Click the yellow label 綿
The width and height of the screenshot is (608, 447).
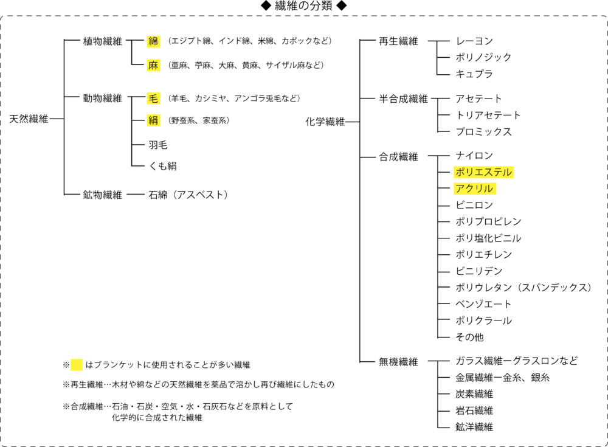tap(153, 41)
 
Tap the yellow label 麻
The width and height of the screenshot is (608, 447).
tap(153, 65)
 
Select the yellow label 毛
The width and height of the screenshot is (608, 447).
tap(153, 98)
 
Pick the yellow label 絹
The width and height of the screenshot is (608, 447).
tap(153, 120)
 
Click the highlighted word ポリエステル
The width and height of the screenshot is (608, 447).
tap(483, 172)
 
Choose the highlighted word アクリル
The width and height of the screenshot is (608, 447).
tap(475, 189)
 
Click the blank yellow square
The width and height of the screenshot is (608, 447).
tap(77, 364)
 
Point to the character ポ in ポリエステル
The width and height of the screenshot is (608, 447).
tap(460, 172)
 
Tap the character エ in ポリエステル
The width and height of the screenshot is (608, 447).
tap(479, 172)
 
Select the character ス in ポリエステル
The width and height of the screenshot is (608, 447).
tap(489, 172)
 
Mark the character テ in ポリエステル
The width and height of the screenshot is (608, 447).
tap(498, 172)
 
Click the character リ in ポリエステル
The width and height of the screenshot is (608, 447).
tap(470, 172)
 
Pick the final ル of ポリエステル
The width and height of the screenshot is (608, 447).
tap(507, 172)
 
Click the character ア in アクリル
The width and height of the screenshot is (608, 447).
tap(460, 189)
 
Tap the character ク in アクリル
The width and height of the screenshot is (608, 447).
tap(470, 189)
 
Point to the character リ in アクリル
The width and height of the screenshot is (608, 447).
tap(479, 189)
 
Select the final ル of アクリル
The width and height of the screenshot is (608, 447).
tap(489, 189)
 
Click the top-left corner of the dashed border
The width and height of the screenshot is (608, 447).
tap(1, 16)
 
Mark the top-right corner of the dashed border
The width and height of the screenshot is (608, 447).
tap(607, 16)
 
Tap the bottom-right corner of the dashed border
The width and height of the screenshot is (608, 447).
tap(607, 446)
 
